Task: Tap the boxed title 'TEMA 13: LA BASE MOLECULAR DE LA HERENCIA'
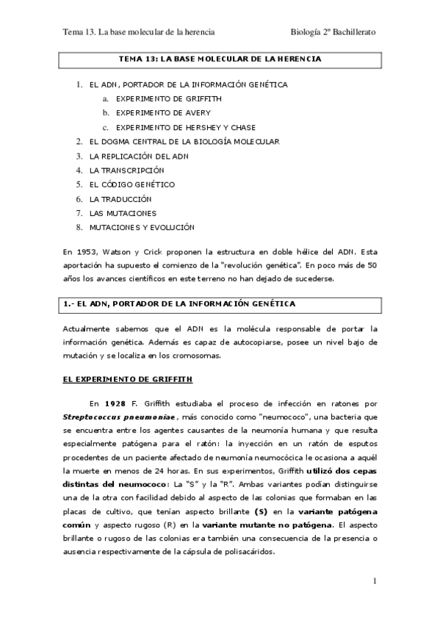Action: pyautogui.click(x=220, y=58)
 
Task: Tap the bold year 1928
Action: pyautogui.click(x=118, y=403)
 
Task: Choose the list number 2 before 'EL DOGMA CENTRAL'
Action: pyautogui.click(x=79, y=141)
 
